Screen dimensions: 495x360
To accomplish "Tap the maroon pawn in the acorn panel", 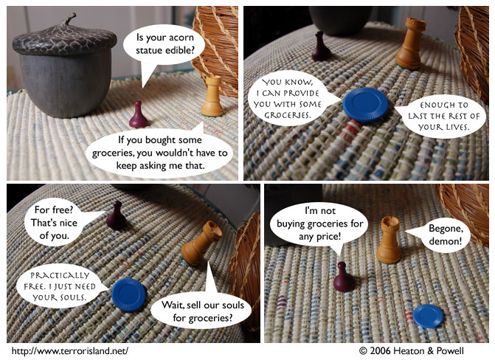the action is pyautogui.click(x=138, y=114).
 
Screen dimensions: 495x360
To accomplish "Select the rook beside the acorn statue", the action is pyautogui.click(x=212, y=97).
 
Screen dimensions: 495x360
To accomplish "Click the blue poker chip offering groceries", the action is pyautogui.click(x=366, y=105).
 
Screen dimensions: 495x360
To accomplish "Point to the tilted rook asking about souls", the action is pyautogui.click(x=201, y=243).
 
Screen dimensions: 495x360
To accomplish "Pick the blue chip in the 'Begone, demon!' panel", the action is pyautogui.click(x=428, y=316).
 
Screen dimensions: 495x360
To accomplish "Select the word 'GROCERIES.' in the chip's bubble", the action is pyautogui.click(x=288, y=115).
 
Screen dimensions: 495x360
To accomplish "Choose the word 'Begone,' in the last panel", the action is pyautogui.click(x=446, y=228).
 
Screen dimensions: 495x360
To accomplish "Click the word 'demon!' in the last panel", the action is pyautogui.click(x=446, y=241).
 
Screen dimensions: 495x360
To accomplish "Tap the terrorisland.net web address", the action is pyautogui.click(x=70, y=351).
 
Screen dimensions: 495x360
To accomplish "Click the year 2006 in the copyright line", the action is pyautogui.click(x=380, y=351).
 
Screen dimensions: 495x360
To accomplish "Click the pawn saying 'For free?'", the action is pyautogui.click(x=116, y=215).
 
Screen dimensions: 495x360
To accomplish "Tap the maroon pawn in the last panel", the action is pyautogui.click(x=344, y=277).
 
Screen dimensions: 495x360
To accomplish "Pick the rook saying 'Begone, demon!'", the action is pyautogui.click(x=389, y=240).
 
